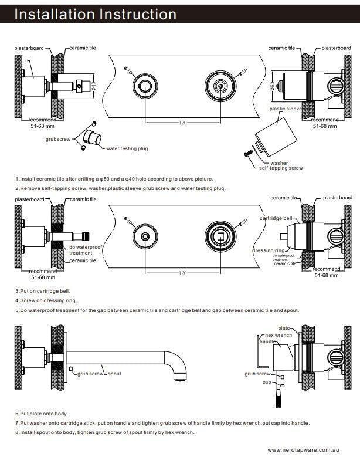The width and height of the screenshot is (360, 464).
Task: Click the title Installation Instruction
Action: [x=95, y=14]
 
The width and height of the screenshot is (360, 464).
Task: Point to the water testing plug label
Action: [x=127, y=149]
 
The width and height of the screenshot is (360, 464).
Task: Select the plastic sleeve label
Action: [x=285, y=109]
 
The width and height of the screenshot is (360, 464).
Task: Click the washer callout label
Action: [x=279, y=162]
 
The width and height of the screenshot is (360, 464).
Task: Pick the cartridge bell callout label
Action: [x=276, y=218]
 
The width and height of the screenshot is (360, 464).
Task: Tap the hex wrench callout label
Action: [x=279, y=335]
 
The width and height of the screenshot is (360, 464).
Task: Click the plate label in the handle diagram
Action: [x=284, y=328]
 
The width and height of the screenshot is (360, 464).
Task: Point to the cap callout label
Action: [x=266, y=381]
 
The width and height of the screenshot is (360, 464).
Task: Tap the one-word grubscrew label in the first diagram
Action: [x=57, y=139]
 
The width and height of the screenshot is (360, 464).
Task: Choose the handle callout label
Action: [x=267, y=341]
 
